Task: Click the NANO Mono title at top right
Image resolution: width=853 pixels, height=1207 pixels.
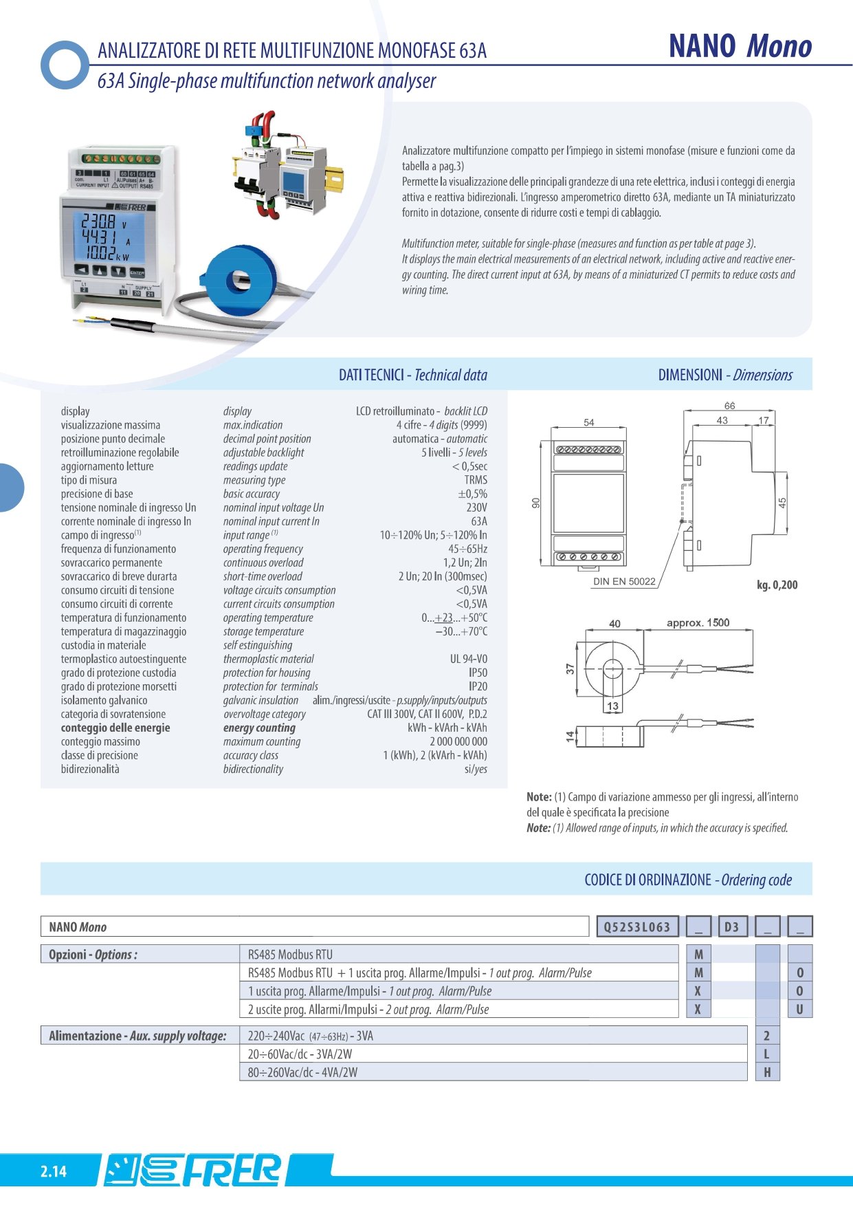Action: (x=740, y=47)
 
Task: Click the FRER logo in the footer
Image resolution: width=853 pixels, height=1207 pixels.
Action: (x=195, y=1170)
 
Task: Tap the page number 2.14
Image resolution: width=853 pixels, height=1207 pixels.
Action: (x=53, y=1171)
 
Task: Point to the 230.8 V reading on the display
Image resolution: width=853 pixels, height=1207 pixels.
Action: (x=102, y=221)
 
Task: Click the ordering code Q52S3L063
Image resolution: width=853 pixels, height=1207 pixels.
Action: (x=636, y=926)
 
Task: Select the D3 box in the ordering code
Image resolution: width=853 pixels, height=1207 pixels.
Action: (x=731, y=926)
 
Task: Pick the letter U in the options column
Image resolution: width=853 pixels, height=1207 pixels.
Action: (x=799, y=1009)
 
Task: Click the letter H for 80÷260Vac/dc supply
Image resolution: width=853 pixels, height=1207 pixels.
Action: (x=767, y=1072)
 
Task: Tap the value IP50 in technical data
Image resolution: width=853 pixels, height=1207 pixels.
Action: (x=478, y=673)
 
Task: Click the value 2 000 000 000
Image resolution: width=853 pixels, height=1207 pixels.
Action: (x=458, y=741)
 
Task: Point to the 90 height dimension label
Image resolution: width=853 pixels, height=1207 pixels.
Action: (x=536, y=504)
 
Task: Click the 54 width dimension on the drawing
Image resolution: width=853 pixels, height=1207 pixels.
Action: (x=589, y=422)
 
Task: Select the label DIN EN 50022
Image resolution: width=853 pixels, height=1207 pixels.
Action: (x=624, y=581)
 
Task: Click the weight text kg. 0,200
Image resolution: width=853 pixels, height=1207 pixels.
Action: (x=777, y=585)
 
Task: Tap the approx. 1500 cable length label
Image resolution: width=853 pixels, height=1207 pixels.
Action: (x=698, y=622)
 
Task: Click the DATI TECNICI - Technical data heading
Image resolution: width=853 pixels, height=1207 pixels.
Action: (x=412, y=375)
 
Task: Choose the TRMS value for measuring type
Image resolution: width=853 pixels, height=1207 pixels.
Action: (x=476, y=480)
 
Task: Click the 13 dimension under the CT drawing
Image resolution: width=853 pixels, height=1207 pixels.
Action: (x=612, y=706)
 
